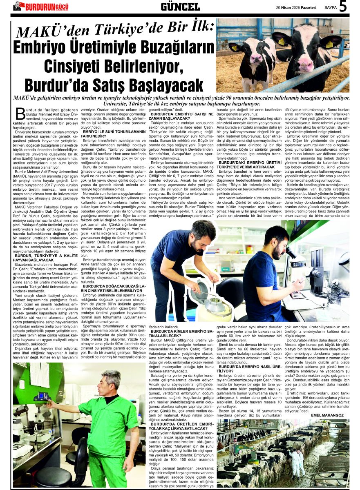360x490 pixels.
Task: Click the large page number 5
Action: click(x=343, y=7)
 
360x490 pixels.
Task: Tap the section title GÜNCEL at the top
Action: click(x=180, y=7)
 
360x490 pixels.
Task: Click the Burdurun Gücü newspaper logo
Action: click(x=41, y=7)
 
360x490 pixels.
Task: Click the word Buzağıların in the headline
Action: click(x=168, y=48)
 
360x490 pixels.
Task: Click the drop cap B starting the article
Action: click(x=19, y=114)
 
